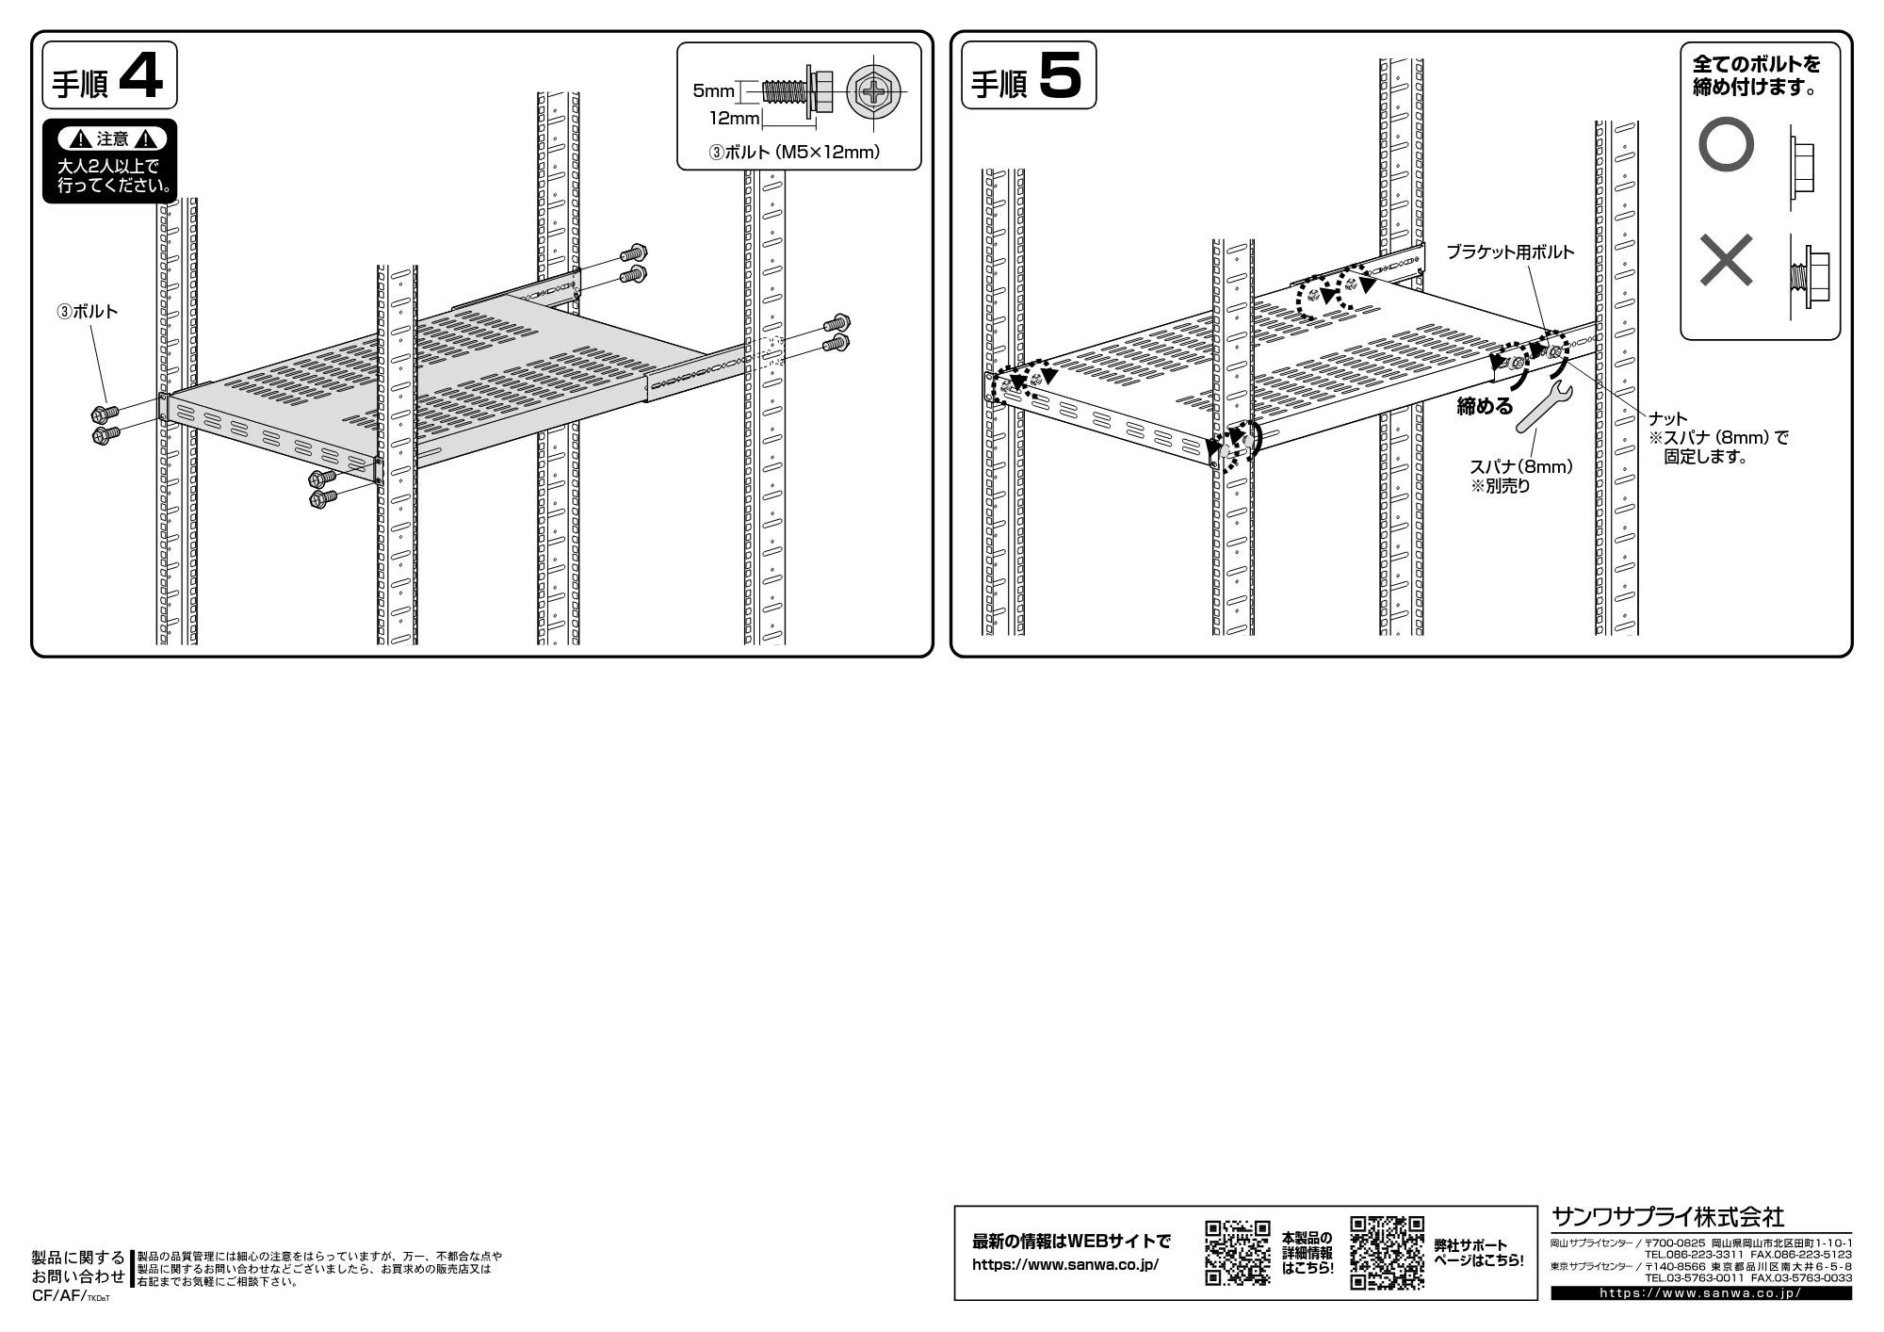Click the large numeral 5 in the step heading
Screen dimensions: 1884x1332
tap(1061, 75)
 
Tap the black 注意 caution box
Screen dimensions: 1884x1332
tap(109, 161)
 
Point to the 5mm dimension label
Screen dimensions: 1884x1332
tap(713, 91)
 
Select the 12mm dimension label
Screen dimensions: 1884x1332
tap(734, 119)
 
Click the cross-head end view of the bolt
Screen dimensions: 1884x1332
tap(873, 92)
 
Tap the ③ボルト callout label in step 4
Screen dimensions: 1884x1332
tap(87, 312)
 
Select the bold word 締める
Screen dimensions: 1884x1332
tap(1485, 406)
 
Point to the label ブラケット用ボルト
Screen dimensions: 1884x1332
tap(1510, 252)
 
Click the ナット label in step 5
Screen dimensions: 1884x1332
tap(1667, 418)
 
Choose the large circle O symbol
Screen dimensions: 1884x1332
tap(1726, 144)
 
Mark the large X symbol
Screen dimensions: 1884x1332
tap(1726, 260)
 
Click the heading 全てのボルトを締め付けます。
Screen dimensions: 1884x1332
tap(1757, 76)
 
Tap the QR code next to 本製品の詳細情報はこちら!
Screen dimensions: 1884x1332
tap(1238, 1252)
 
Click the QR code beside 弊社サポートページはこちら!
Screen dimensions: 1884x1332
tap(1387, 1252)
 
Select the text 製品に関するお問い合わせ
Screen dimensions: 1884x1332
tap(78, 1267)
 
